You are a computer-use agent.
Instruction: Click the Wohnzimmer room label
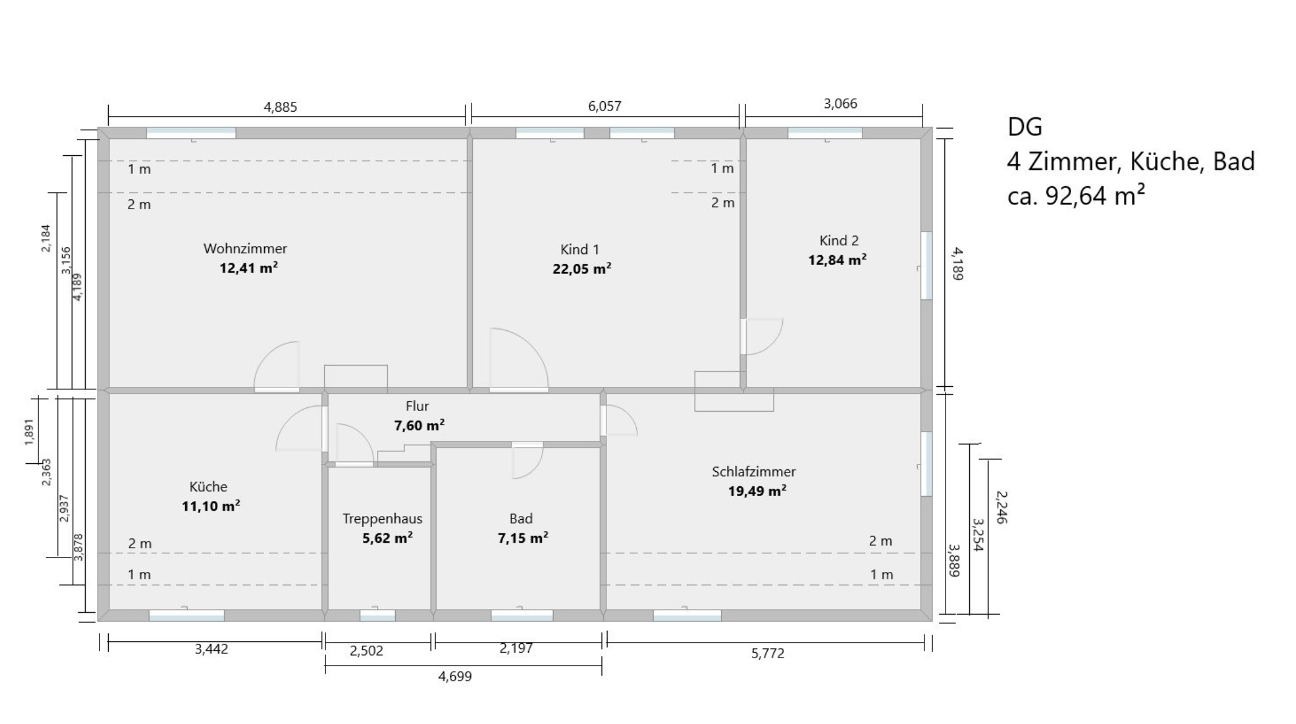(245, 248)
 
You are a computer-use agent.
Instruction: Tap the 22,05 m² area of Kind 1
(582, 268)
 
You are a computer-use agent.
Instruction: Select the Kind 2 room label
(839, 240)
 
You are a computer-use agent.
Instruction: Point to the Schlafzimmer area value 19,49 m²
(757, 491)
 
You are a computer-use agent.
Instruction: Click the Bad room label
(521, 518)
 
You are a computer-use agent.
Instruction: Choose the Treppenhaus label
(382, 518)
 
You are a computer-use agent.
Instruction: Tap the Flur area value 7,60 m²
(419, 425)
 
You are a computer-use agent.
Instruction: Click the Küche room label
(208, 487)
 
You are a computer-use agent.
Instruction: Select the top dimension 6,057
(605, 106)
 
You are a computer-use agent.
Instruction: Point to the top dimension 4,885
(280, 107)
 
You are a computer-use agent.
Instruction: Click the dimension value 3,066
(841, 104)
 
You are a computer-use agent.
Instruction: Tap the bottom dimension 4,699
(455, 676)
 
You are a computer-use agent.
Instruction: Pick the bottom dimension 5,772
(768, 653)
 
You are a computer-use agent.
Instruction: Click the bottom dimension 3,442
(211, 649)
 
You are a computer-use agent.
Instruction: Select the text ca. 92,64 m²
(1076, 196)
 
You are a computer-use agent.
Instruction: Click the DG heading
(1024, 127)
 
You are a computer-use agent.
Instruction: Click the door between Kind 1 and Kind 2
(743, 336)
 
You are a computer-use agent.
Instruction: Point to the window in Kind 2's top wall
(825, 133)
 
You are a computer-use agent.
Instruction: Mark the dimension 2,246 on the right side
(1001, 507)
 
